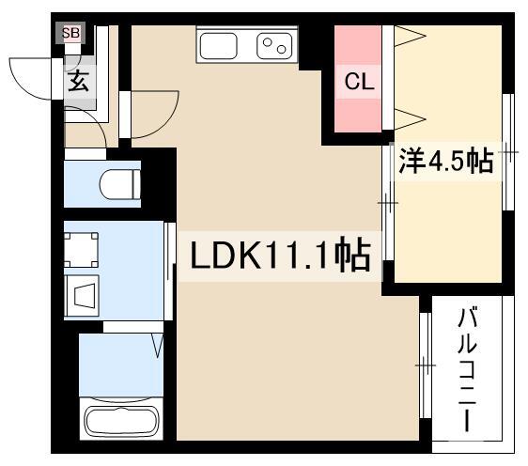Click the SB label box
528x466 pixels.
point(70,33)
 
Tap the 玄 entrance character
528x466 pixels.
point(79,81)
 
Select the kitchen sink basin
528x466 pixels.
point(218,46)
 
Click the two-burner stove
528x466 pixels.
point(274,46)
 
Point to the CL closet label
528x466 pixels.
point(359,82)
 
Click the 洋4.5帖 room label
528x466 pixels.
point(446,162)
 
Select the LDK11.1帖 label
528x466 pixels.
point(280,256)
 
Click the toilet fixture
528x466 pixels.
point(120,184)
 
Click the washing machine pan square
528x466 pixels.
point(81,250)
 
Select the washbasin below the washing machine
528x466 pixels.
point(82,296)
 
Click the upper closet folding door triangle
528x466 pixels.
point(410,36)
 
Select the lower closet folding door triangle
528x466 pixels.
point(410,119)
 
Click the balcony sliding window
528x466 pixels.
point(426,365)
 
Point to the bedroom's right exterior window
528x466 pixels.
point(508,152)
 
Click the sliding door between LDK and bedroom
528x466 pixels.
point(388,203)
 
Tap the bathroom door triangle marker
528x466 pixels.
point(157,346)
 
